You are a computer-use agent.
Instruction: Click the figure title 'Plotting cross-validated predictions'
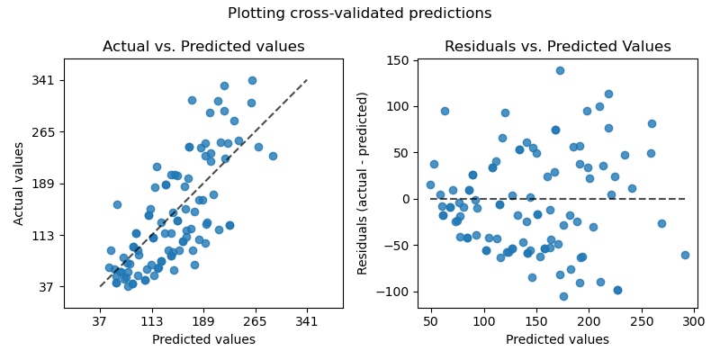click(359, 13)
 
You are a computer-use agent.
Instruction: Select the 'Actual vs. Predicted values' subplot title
click(203, 47)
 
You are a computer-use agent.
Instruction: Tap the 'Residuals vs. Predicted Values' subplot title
click(557, 47)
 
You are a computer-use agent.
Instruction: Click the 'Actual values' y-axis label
click(20, 184)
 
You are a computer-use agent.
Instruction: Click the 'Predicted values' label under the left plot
click(203, 340)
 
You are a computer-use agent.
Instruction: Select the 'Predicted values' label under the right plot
click(557, 340)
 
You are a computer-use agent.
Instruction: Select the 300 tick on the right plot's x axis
click(694, 322)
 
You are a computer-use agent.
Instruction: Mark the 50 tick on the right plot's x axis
click(431, 322)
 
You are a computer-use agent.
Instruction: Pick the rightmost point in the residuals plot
click(685, 255)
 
